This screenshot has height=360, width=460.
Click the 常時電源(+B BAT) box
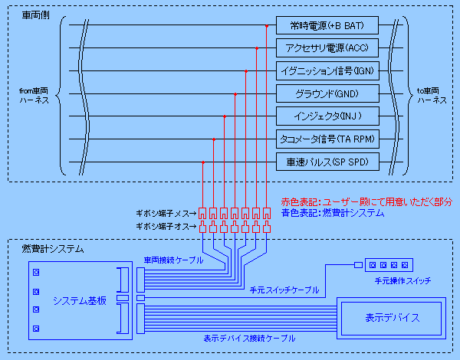tap(327, 25)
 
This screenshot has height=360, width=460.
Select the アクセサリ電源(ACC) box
tap(327, 47)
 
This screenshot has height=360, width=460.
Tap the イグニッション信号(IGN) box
tap(327, 70)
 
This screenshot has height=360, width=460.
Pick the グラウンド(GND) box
tap(327, 93)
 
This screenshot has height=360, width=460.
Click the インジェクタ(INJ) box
tap(327, 116)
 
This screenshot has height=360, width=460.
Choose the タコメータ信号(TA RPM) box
tap(327, 139)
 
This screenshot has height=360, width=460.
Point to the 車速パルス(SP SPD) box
tap(327, 162)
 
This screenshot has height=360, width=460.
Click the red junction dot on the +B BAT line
tap(267, 26)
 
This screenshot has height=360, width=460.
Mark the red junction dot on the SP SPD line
tap(203, 162)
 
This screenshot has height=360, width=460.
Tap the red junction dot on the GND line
tap(235, 94)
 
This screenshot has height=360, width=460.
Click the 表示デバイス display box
tap(391, 319)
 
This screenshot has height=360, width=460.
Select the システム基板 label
tap(80, 301)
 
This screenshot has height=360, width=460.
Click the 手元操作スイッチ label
tap(402, 281)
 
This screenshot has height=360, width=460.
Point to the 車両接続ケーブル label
tap(173, 260)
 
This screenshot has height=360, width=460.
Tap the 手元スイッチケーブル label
tap(284, 290)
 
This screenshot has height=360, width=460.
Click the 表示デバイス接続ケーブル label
tap(249, 339)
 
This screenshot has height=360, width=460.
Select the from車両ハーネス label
tap(34, 96)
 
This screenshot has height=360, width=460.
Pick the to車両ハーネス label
tap(432, 96)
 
